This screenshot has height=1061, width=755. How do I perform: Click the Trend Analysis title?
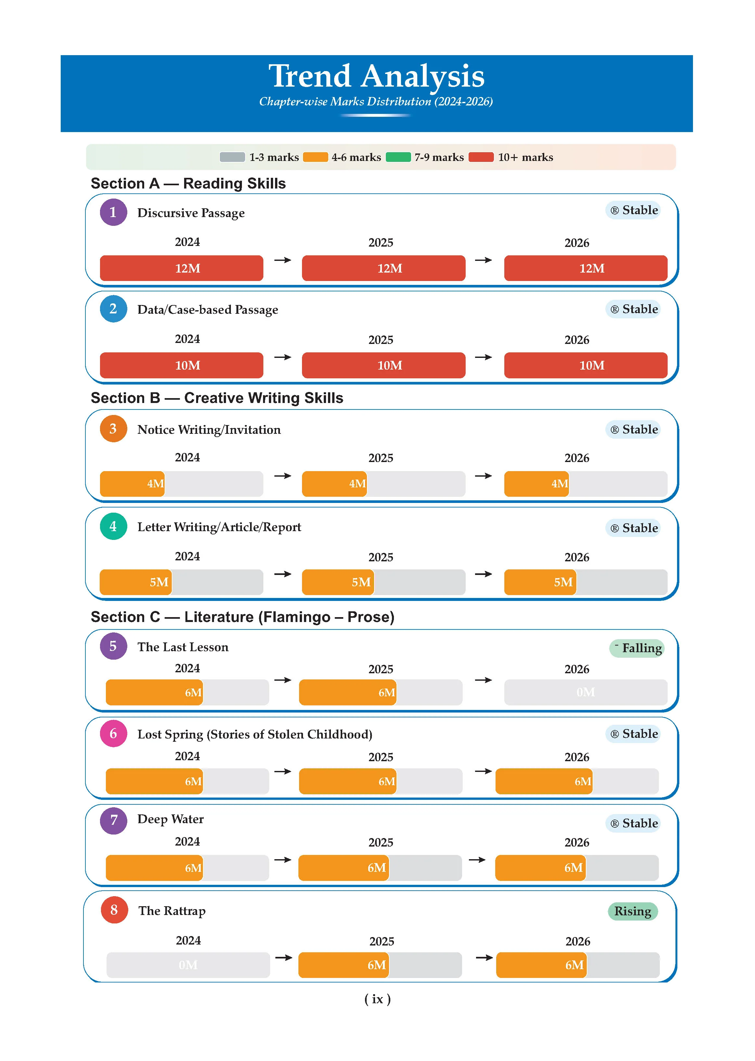pos(377,76)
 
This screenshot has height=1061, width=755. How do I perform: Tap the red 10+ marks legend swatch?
pos(481,157)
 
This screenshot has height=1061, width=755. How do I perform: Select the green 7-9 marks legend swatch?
pos(398,157)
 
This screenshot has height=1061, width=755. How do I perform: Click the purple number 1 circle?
pos(113,212)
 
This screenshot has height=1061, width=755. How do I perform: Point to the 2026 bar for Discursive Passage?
pos(586,268)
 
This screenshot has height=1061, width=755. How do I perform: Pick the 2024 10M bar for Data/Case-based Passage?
pos(182,365)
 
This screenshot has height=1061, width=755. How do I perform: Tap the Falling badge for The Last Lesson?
pos(637,648)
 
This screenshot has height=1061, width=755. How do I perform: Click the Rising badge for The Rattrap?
pos(633,911)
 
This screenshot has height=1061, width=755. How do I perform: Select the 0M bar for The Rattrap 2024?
pos(188,965)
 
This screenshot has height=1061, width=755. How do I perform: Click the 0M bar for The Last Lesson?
pos(586,692)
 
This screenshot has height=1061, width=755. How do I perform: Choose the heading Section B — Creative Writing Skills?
pos(217,398)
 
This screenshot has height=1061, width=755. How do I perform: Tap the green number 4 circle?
pos(113,526)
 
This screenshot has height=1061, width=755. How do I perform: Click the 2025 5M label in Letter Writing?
pos(361,582)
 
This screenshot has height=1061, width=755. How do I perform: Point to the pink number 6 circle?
pos(113,734)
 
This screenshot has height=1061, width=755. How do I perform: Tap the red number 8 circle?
pos(114,910)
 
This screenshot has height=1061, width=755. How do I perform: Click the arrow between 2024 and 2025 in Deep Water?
pos(283,860)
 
